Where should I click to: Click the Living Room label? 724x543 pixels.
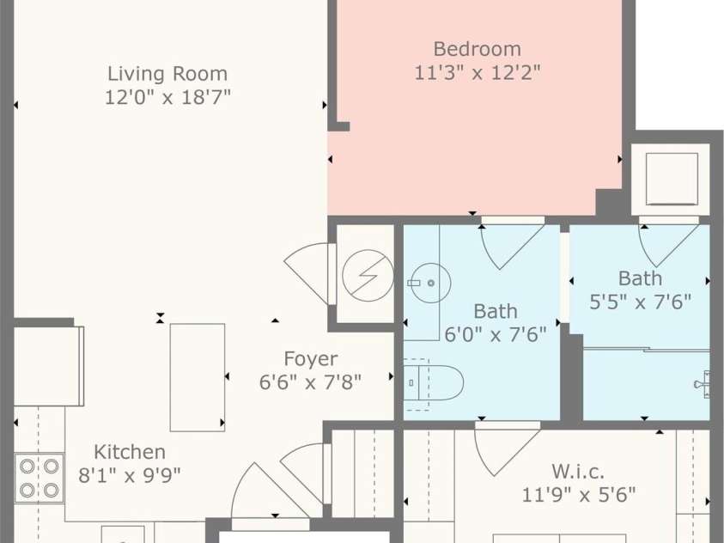(167, 74)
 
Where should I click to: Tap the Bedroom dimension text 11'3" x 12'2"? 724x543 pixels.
(478, 72)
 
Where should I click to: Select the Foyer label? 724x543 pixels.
(311, 359)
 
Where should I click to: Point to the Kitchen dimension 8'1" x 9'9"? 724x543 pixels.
(130, 474)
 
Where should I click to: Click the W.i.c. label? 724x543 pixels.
(578, 472)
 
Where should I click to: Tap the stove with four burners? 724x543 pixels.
(40, 478)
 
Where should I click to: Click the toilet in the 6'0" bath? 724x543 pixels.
(434, 384)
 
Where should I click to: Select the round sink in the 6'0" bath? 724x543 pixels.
(430, 283)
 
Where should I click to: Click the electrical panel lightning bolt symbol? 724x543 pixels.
(368, 276)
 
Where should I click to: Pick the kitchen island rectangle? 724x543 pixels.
(198, 377)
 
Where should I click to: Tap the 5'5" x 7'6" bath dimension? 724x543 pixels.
(641, 302)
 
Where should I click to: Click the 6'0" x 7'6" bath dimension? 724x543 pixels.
(496, 334)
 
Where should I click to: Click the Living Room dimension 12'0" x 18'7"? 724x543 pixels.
(167, 97)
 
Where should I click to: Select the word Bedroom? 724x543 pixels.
(478, 49)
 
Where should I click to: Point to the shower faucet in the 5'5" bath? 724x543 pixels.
(703, 384)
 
